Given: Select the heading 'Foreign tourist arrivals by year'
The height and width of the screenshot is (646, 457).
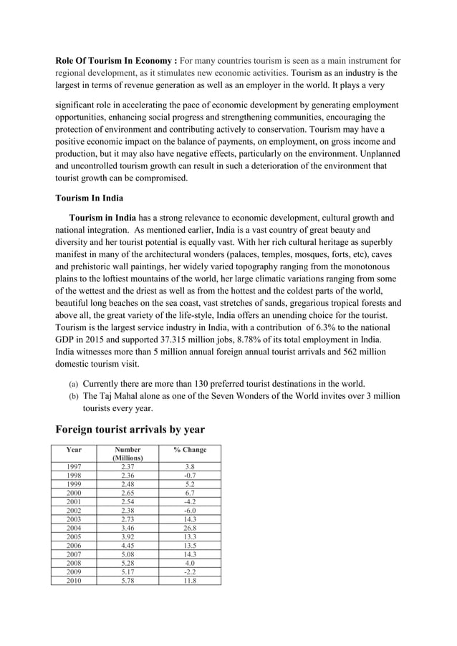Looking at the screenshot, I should tap(130, 430).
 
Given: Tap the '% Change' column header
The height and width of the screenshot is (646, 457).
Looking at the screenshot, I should tap(190, 450).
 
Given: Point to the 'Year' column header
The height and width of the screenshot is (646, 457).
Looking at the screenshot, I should tap(73, 450).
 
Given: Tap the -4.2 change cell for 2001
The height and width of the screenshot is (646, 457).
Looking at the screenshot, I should tap(190, 502).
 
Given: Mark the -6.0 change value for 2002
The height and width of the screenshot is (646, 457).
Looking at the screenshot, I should tap(190, 510).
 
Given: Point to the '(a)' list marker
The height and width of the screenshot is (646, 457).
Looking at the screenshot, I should tap(73, 384).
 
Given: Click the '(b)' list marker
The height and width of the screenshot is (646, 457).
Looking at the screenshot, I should tap(73, 396).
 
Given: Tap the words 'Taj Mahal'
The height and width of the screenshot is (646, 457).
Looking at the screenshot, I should tap(122, 396).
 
